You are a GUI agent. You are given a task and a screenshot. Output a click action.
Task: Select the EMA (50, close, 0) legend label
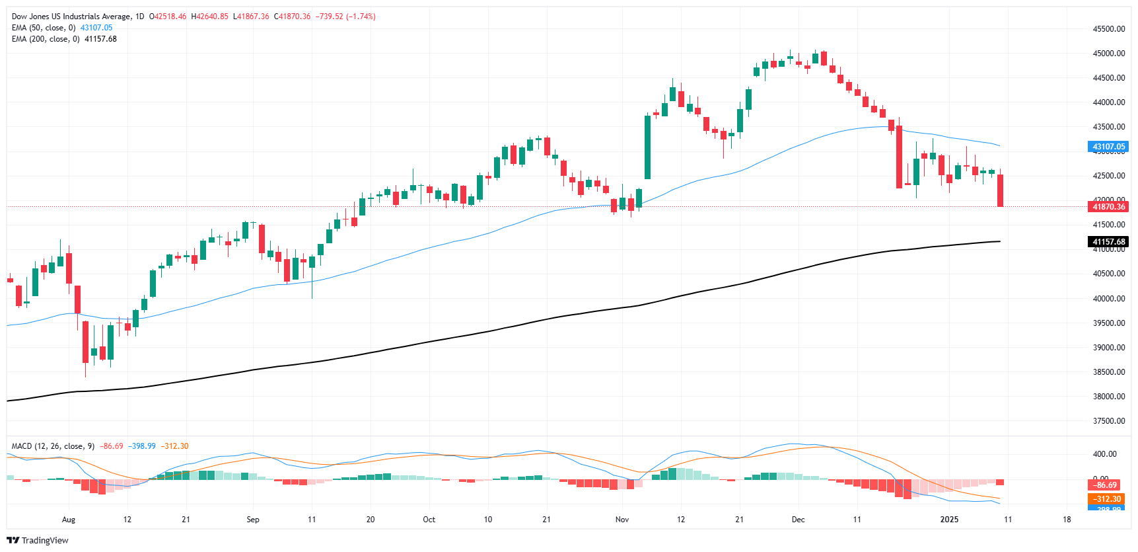[x=44, y=28]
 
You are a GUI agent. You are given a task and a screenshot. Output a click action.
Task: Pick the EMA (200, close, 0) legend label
[x=46, y=39]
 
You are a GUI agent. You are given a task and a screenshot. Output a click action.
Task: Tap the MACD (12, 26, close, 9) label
[x=53, y=446]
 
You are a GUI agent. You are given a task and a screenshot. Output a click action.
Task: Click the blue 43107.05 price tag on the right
[x=1108, y=147]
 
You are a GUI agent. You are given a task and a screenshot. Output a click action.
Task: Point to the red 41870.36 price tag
[x=1108, y=207]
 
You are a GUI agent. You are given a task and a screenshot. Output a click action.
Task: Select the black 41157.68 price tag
[x=1108, y=242]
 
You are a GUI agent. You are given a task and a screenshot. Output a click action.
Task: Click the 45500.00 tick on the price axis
[x=1108, y=29]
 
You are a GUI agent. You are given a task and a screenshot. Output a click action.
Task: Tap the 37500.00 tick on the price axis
[x=1108, y=421]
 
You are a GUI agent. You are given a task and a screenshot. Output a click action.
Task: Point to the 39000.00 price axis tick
[x=1108, y=348]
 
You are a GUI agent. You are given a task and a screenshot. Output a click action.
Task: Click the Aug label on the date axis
[x=69, y=520]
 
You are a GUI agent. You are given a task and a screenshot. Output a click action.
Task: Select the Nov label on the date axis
[x=622, y=520]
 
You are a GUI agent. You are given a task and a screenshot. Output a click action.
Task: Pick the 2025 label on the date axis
[x=949, y=520]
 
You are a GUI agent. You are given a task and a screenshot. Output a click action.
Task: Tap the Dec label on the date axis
[x=798, y=520]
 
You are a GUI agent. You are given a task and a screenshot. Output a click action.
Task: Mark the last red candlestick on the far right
[x=1001, y=190]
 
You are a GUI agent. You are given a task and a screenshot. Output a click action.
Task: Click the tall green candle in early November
[x=647, y=147]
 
